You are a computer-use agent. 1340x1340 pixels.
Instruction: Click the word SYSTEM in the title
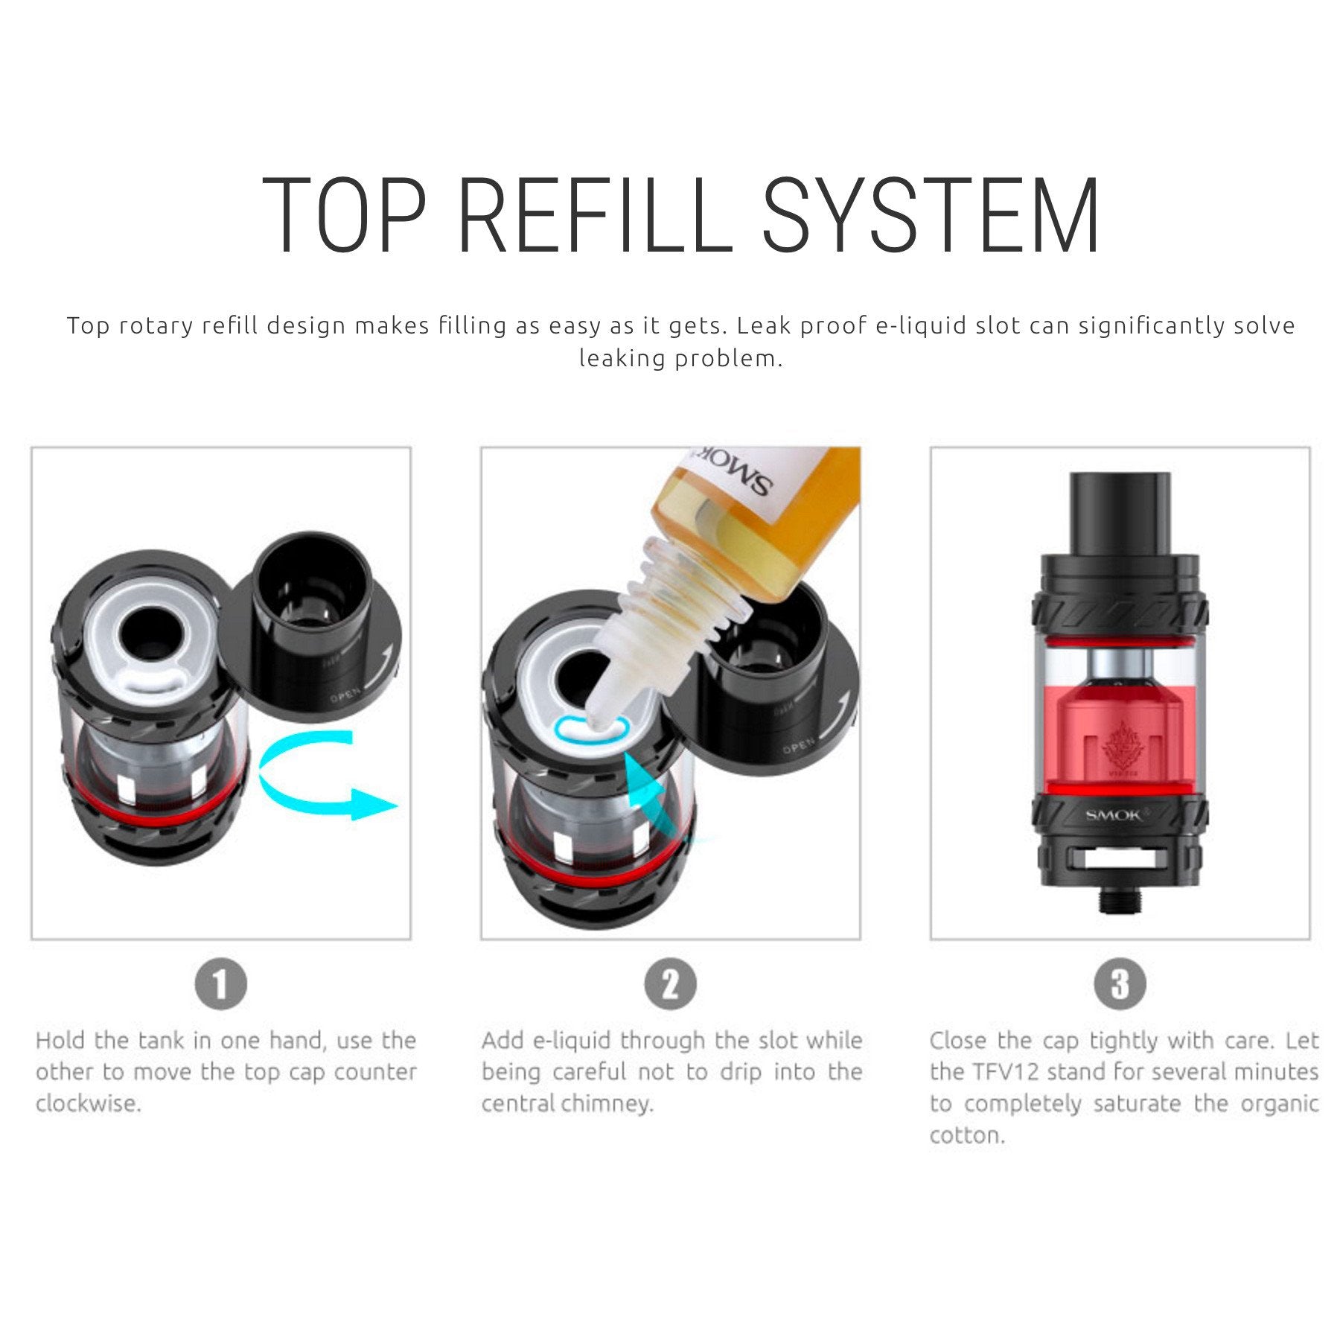click(x=931, y=215)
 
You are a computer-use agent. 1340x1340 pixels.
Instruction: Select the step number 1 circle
click(x=221, y=984)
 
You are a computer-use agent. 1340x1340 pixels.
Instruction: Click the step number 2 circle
click(x=671, y=984)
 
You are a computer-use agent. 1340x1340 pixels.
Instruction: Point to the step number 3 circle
click(x=1120, y=984)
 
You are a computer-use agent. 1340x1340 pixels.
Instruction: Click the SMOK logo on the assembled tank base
click(x=1114, y=815)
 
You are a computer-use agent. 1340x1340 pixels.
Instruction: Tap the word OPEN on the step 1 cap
click(x=345, y=697)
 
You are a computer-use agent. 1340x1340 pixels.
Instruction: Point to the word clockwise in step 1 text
click(x=88, y=1103)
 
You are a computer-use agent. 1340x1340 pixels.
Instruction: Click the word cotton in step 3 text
click(x=967, y=1135)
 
